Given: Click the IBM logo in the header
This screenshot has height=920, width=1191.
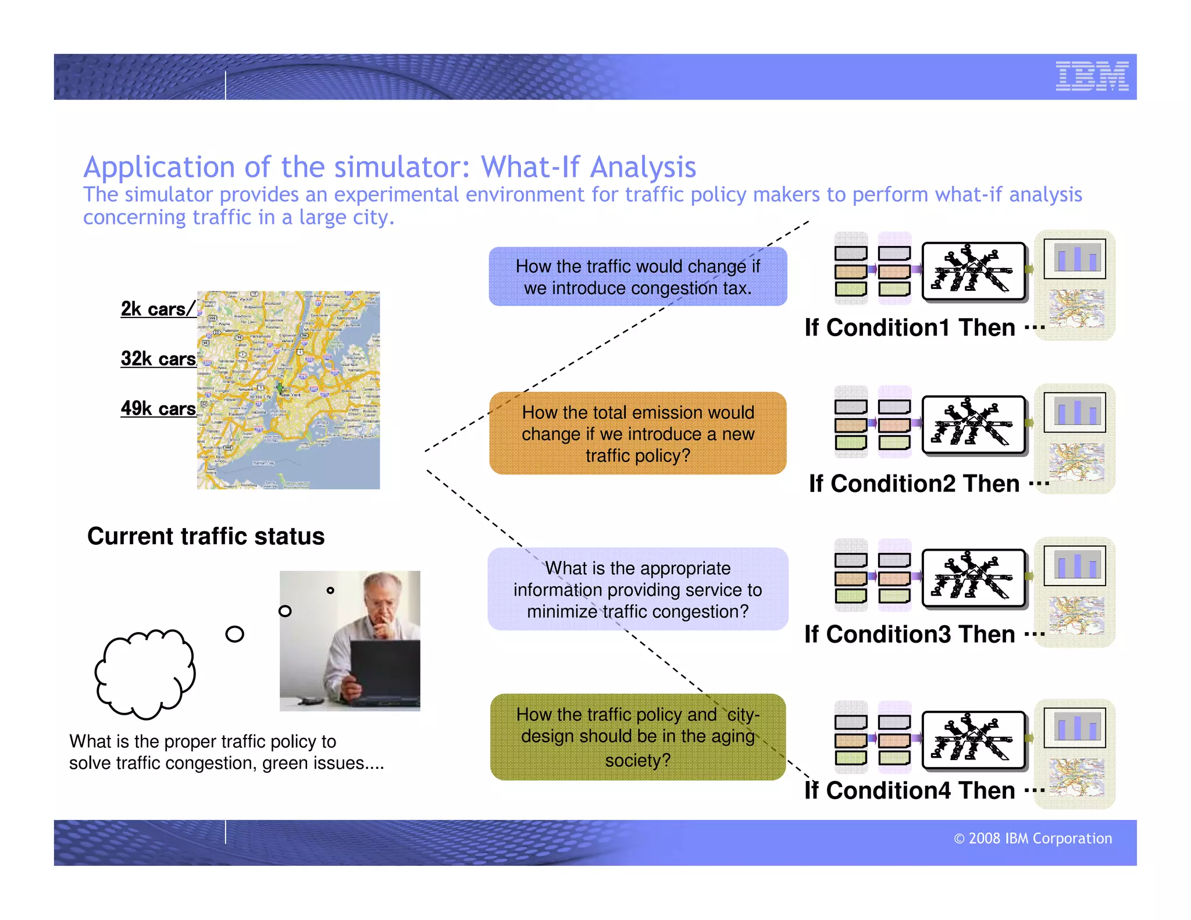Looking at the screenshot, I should tap(1092, 76).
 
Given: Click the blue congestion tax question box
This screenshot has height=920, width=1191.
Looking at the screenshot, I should tap(637, 277).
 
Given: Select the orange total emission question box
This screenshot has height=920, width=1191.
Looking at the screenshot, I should tap(637, 433).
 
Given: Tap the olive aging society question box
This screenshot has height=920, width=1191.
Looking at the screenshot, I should tap(637, 737).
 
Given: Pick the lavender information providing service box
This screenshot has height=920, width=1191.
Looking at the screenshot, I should tap(637, 589).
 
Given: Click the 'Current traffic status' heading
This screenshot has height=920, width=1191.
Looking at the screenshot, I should tap(206, 536).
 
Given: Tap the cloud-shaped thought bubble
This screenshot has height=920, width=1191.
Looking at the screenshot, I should tap(145, 673).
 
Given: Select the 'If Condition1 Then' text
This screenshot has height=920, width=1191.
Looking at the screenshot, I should tap(910, 328).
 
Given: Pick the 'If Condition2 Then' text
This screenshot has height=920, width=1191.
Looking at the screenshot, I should tap(914, 484).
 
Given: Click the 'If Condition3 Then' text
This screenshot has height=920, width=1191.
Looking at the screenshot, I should tap(910, 634).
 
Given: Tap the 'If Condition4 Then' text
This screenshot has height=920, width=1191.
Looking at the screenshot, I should tap(910, 791).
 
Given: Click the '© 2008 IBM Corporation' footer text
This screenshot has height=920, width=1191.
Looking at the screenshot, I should tap(1032, 839).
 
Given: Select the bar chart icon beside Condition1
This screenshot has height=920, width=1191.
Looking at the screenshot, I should tap(1075, 259).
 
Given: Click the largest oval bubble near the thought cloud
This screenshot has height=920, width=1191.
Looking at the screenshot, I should tap(234, 634).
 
